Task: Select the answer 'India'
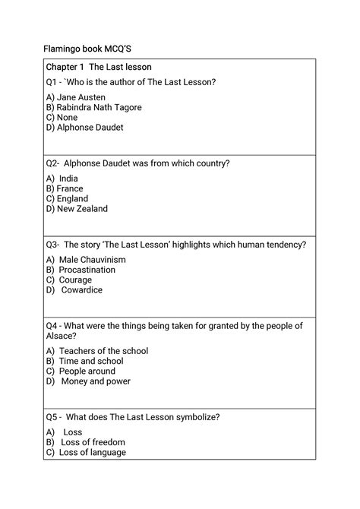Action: [x=68, y=179]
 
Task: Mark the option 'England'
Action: [x=72, y=198]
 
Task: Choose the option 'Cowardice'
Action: [x=81, y=289]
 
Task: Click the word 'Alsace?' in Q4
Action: [x=61, y=335]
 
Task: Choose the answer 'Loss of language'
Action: [x=93, y=452]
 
